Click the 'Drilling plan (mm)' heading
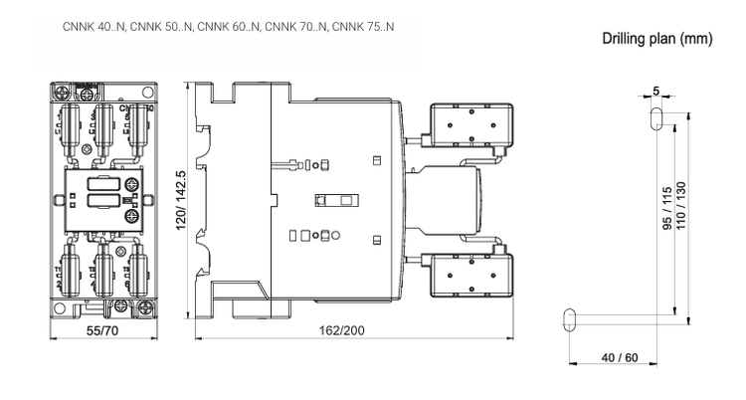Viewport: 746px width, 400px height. [x=657, y=38]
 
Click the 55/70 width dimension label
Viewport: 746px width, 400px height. [x=102, y=330]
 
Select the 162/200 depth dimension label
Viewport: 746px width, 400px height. [x=342, y=330]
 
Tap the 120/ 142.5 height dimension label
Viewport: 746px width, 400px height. [x=181, y=200]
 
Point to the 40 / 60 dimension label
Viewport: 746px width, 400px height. [x=620, y=357]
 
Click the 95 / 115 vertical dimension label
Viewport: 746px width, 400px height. [x=667, y=209]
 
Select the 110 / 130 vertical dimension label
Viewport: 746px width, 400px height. [x=680, y=206]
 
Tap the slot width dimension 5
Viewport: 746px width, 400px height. [x=656, y=91]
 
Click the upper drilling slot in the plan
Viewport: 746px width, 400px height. [x=656, y=118]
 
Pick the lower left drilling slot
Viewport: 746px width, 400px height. [x=570, y=319]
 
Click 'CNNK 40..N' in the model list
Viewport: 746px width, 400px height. [x=93, y=27]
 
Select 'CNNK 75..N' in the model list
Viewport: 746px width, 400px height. [x=363, y=27]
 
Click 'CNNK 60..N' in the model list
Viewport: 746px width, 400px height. [x=229, y=27]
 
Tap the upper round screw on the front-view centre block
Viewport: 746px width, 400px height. [x=132, y=185]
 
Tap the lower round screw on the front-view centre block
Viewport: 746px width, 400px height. [x=132, y=217]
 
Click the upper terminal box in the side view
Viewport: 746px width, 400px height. [x=471, y=124]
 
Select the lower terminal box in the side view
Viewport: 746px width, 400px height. [x=471, y=275]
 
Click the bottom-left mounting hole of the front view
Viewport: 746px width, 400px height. [x=59, y=308]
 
